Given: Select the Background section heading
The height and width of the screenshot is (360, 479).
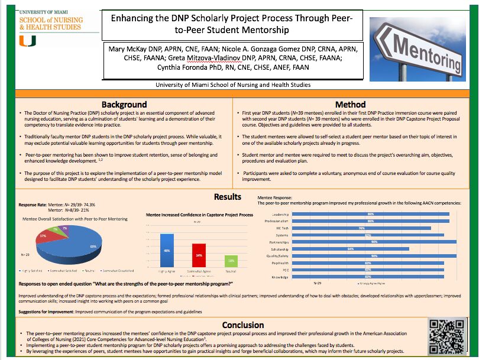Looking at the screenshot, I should [x=124, y=105].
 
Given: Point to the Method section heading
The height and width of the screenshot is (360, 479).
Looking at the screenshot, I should [x=350, y=105].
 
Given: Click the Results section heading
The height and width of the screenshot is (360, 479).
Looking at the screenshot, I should [x=227, y=197].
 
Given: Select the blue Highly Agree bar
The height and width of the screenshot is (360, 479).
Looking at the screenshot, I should [x=167, y=251].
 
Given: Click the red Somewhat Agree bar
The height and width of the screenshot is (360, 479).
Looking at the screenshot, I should [x=199, y=255].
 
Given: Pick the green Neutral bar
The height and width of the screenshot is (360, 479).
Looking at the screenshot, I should [x=231, y=261].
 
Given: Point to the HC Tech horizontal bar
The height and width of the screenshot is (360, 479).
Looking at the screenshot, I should [x=361, y=228].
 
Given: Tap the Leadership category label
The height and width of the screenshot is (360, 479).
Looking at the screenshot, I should [x=280, y=214].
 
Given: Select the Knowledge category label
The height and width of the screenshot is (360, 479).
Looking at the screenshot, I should [x=280, y=277].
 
